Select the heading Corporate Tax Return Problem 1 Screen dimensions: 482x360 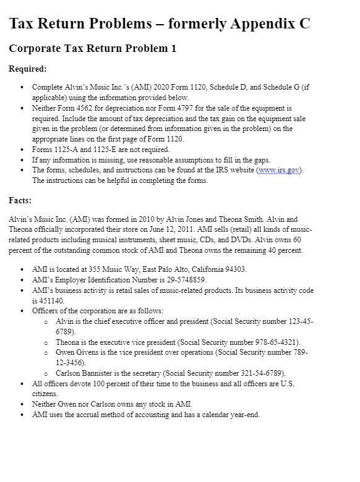click(93, 48)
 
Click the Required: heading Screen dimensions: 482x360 click(28, 69)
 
